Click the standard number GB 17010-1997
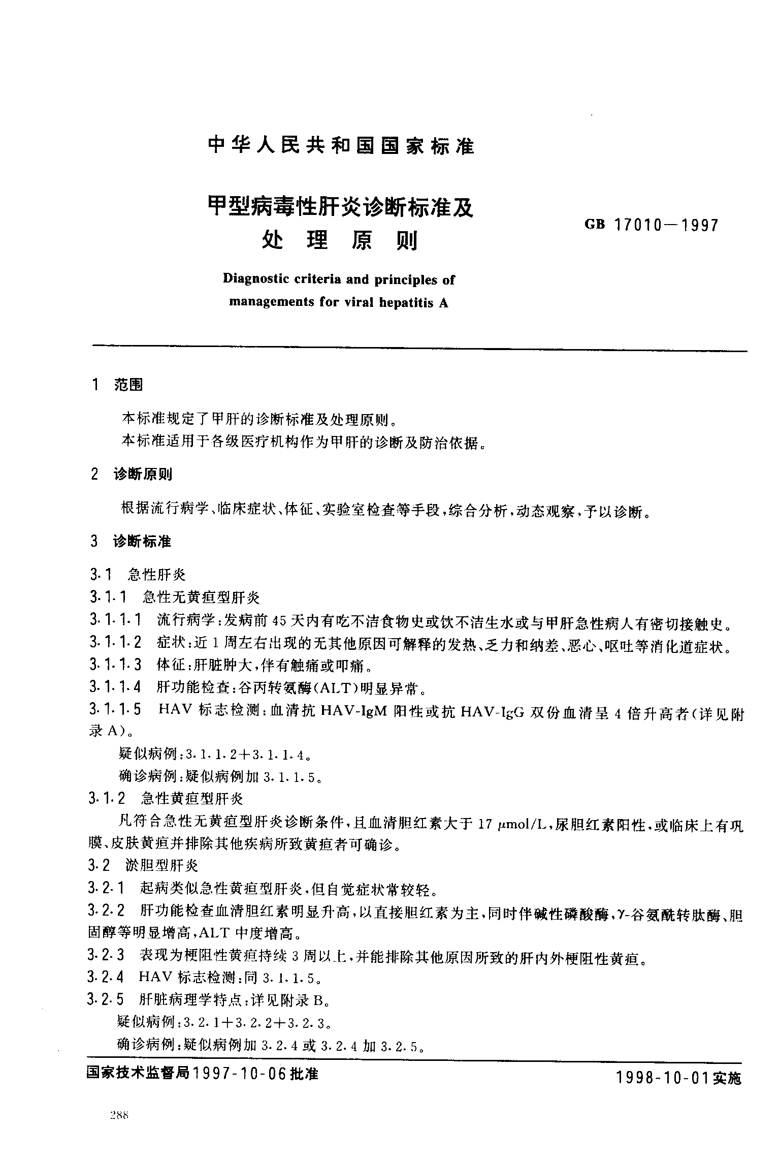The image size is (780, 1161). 652,225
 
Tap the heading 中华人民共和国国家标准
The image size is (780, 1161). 341,146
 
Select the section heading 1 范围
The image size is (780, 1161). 116,385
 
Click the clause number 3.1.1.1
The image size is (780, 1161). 115,620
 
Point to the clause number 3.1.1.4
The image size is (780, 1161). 115,688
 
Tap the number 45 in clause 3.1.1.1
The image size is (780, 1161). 280,621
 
